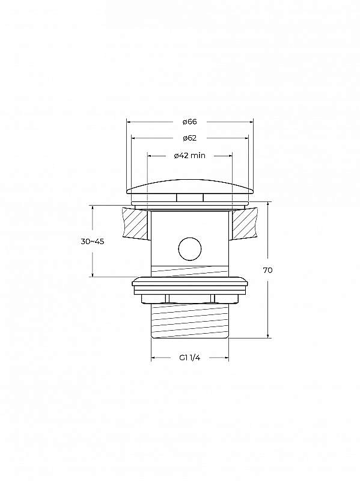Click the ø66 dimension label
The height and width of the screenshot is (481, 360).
pos(189,122)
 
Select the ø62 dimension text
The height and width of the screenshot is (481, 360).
pos(189,138)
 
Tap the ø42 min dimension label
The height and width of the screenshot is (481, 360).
pos(189,156)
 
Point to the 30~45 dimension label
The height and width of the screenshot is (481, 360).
pos(93,242)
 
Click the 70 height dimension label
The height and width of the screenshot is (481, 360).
pos(267,270)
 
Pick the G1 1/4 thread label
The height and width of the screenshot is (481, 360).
pos(190,357)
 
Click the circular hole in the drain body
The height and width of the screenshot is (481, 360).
pos(190,248)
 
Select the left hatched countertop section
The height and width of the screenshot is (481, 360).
pos(136,223)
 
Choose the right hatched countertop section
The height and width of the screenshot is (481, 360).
pos(244,223)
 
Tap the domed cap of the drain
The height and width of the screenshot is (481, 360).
pos(190,186)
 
